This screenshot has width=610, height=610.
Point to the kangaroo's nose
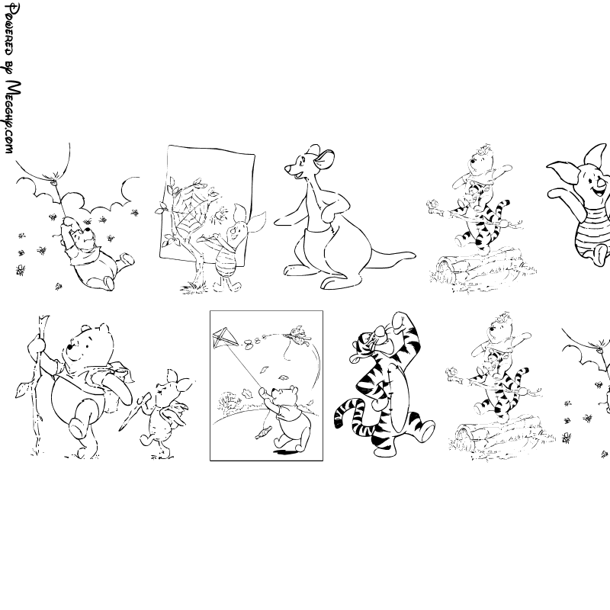click(287, 169)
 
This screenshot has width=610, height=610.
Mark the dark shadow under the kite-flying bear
click(288, 451)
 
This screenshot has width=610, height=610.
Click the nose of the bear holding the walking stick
click(70, 346)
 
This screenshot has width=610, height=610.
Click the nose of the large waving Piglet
click(602, 183)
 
